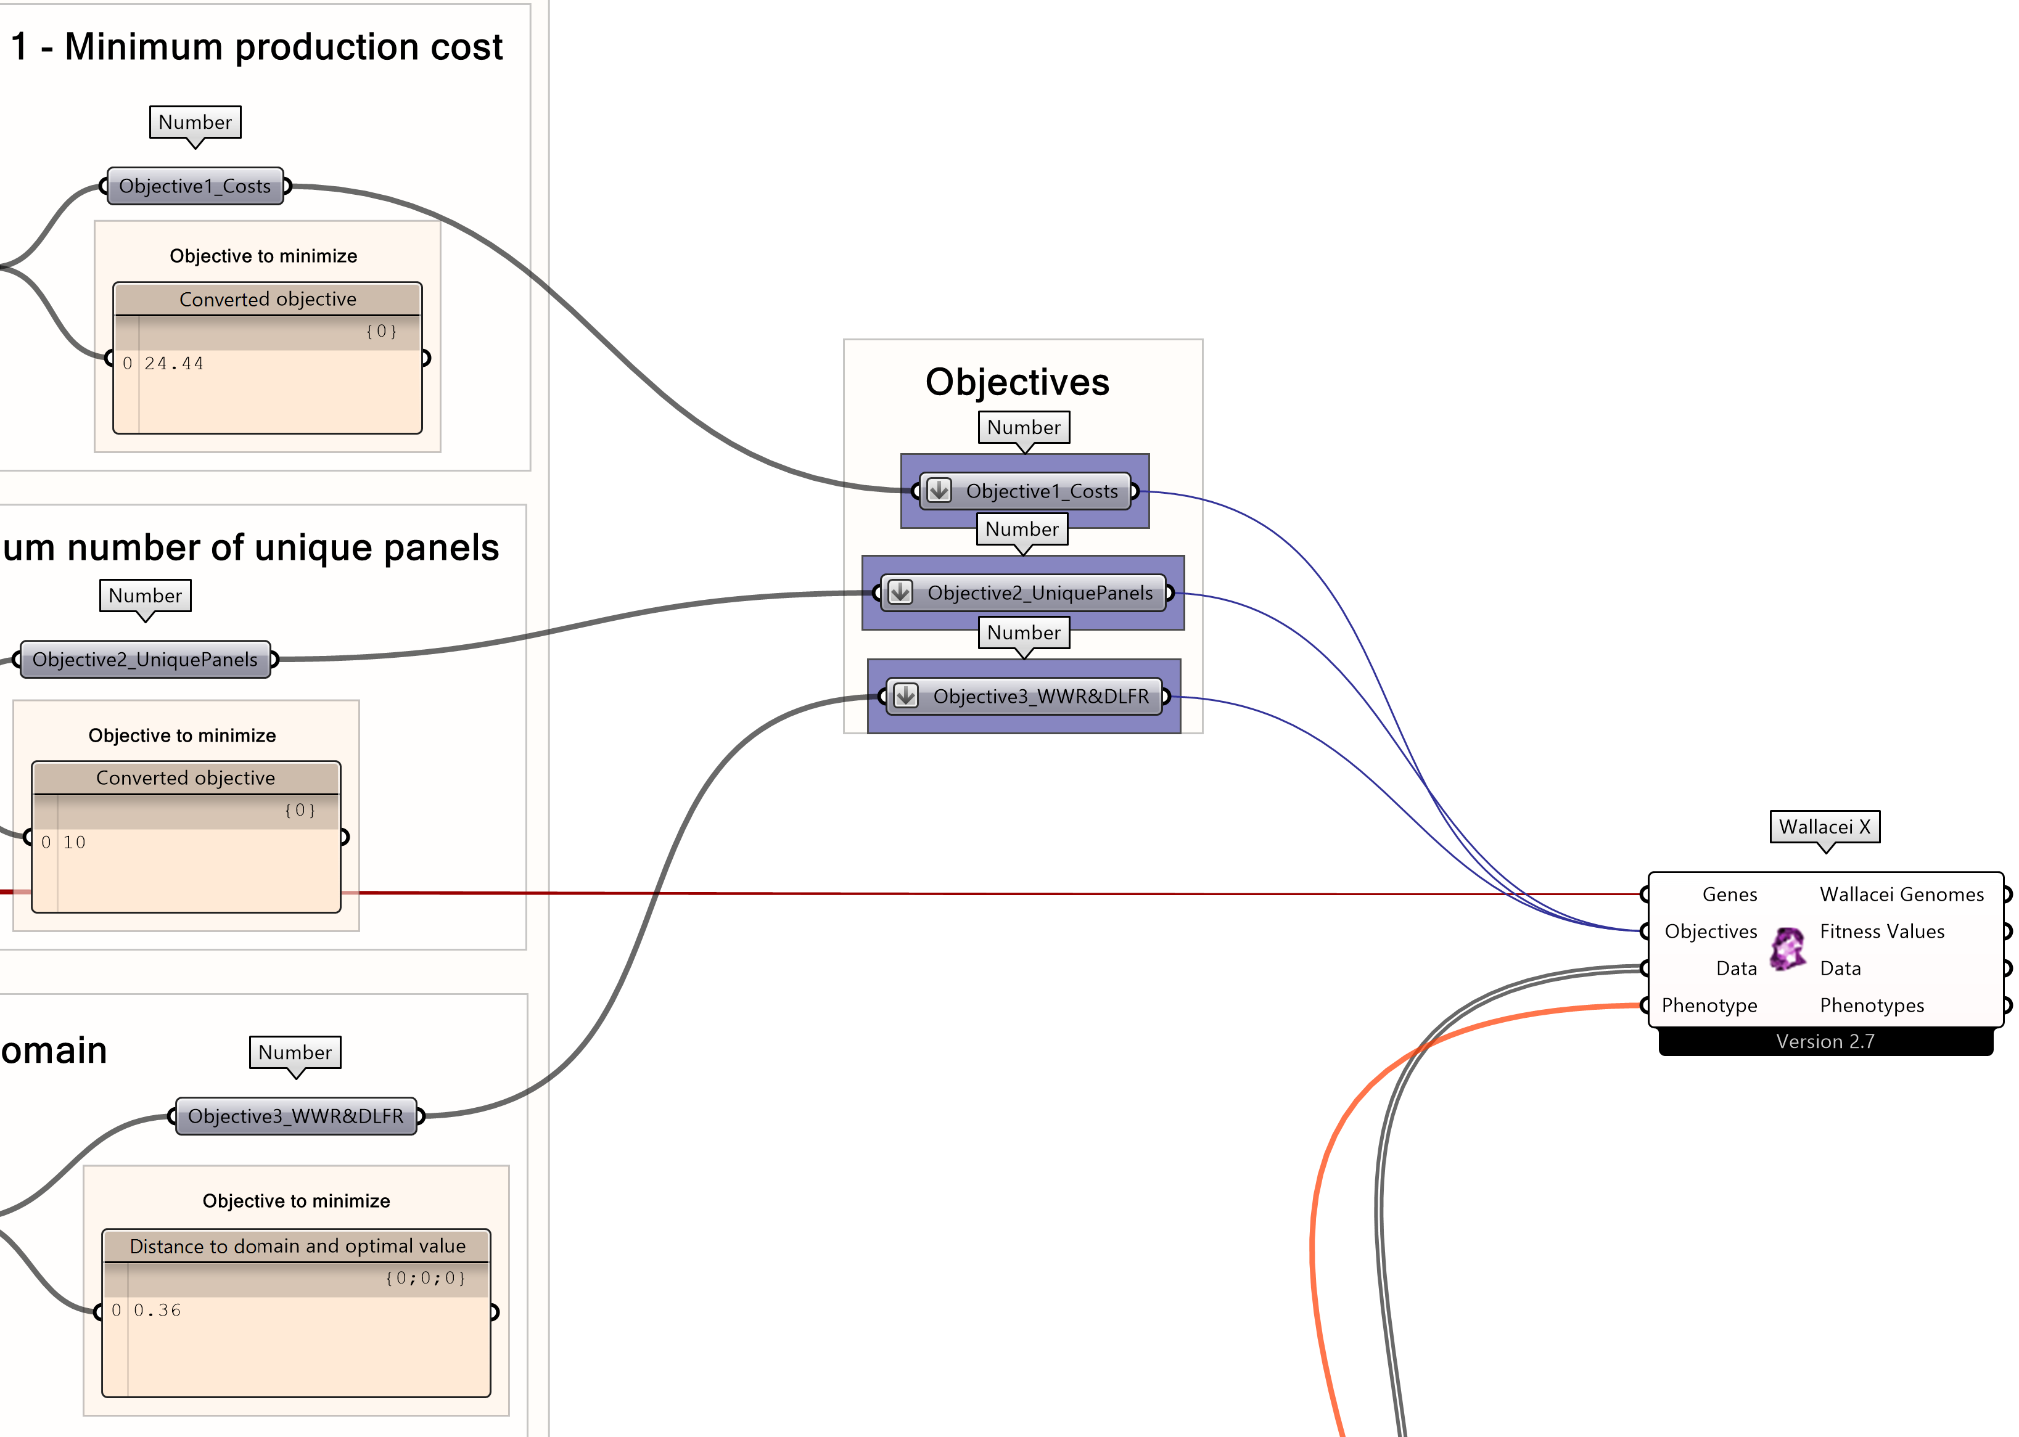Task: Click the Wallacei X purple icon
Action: (x=1787, y=949)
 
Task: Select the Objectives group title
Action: (x=1017, y=382)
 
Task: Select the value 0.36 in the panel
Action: (x=157, y=1311)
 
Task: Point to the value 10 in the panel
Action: (x=75, y=842)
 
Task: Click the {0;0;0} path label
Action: (x=425, y=1278)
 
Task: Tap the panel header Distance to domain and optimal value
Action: (x=297, y=1246)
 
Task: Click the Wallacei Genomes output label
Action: (x=1901, y=895)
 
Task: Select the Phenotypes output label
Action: (x=1871, y=1005)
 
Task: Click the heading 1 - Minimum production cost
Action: (x=257, y=47)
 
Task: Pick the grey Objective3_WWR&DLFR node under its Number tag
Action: (x=295, y=1116)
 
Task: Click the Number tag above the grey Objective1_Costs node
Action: (x=195, y=122)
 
